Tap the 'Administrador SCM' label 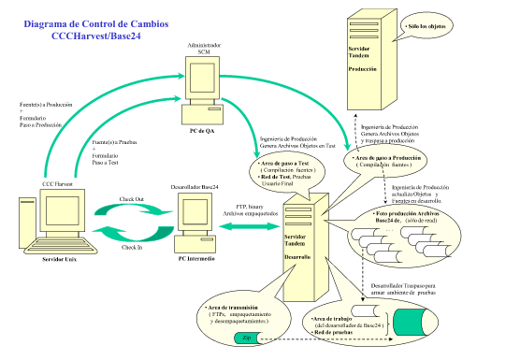204,48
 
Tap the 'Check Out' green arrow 139,209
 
